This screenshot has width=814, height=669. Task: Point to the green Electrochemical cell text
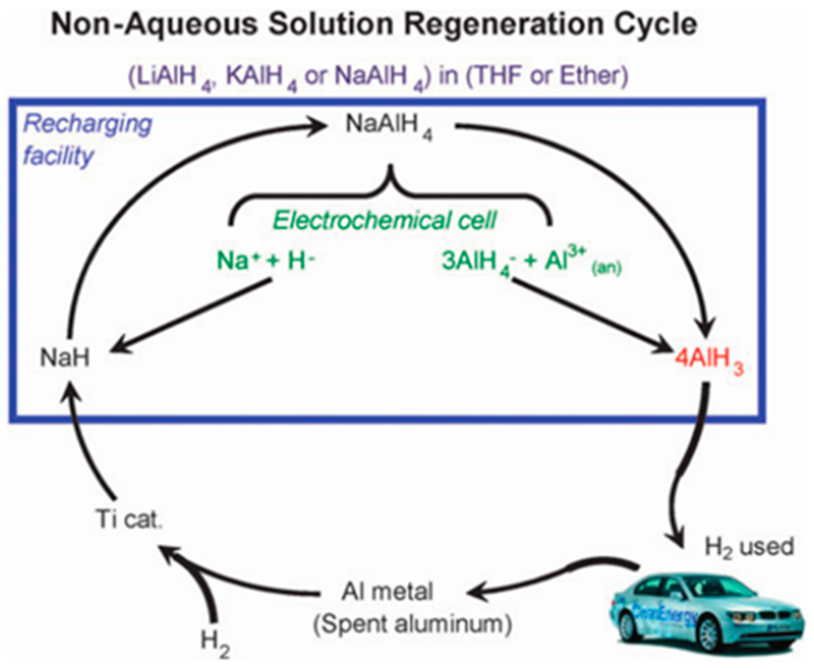[x=384, y=221]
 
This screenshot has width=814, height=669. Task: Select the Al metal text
[x=387, y=592]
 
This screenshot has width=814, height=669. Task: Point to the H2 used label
[x=749, y=547]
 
